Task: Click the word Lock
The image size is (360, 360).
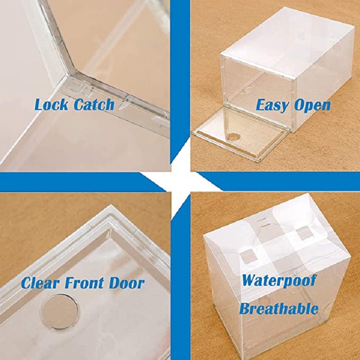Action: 51,104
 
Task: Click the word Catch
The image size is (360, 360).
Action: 94,104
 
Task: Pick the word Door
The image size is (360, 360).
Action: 126,283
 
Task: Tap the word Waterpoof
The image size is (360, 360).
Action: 279,280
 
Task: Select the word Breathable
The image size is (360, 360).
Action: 279,308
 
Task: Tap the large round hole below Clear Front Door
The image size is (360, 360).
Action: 60,311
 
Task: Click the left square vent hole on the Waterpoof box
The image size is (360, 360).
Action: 248,256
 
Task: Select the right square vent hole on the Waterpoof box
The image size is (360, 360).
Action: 305,234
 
